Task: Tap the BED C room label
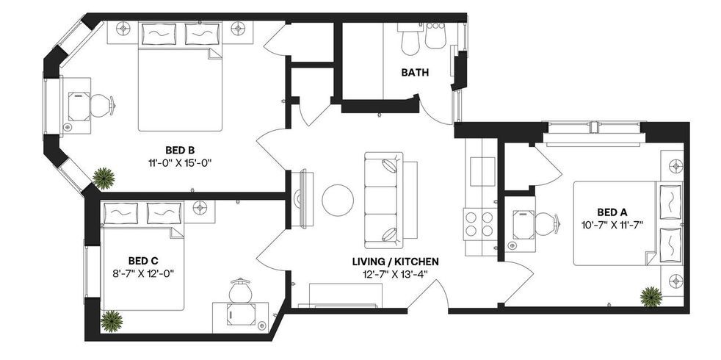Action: click(143, 260)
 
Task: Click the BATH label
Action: click(415, 73)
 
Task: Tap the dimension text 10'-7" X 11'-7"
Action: click(605, 225)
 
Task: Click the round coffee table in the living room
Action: click(338, 200)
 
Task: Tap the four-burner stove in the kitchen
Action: click(478, 222)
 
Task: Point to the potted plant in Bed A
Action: click(651, 296)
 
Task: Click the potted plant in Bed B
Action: click(104, 178)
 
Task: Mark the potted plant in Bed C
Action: click(111, 320)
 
